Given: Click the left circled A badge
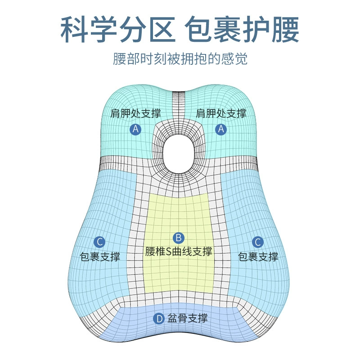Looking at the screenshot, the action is (135, 129).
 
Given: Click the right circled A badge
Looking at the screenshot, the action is (221, 129).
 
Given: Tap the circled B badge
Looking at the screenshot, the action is (178, 238).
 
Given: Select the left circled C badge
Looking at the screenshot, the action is (99, 242).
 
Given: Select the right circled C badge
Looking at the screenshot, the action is (257, 242).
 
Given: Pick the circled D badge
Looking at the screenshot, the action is (159, 319).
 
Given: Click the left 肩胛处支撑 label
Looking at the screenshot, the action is (135, 114).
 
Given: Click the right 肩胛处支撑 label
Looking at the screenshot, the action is (221, 114).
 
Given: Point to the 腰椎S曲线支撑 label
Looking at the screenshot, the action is (179, 252).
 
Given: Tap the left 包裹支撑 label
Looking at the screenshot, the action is (100, 256).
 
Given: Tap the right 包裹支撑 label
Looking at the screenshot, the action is (258, 256).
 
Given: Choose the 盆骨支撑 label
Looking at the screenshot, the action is (187, 319).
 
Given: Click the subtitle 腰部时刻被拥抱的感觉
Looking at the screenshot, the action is (180, 59).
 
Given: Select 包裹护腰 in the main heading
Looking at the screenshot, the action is (242, 29).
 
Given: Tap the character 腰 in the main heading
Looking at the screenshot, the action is (285, 29).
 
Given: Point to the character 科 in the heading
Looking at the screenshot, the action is (74, 29).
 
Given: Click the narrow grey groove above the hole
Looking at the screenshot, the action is (178, 105).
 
